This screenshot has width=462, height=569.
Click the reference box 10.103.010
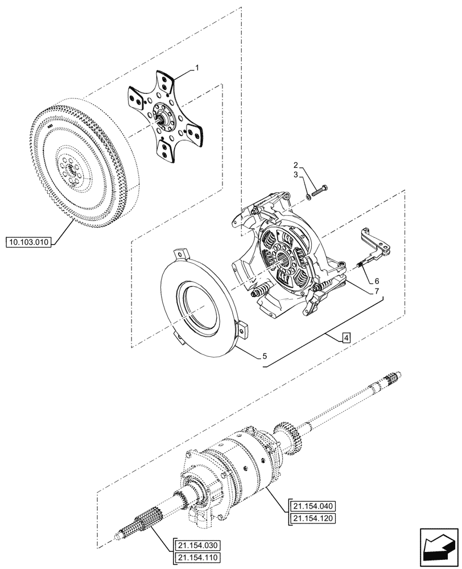click(x=29, y=242)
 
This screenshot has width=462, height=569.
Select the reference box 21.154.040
click(x=313, y=505)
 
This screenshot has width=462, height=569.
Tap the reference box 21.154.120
click(x=313, y=518)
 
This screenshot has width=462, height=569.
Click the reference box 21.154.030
click(x=195, y=545)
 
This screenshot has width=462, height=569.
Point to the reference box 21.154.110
click(x=195, y=558)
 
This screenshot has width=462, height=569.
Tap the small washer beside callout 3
click(x=308, y=196)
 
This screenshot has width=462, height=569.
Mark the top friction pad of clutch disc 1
click(x=167, y=80)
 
